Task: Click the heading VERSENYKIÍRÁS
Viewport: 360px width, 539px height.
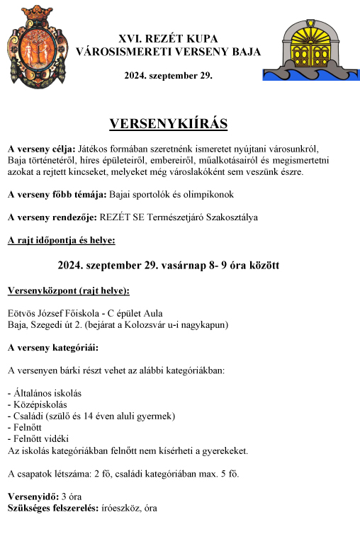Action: tap(168, 124)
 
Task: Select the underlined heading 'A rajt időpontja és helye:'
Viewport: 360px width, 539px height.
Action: tap(61, 240)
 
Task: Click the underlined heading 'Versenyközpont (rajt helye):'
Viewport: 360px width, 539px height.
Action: tap(68, 290)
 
